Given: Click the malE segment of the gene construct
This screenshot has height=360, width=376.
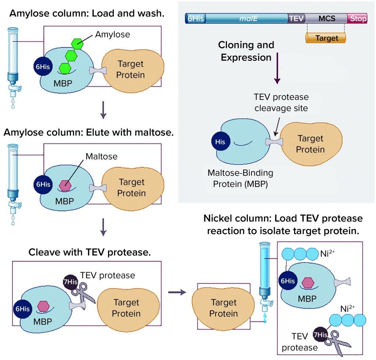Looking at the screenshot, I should [247, 18].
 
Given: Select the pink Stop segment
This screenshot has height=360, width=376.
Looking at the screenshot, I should [358, 18].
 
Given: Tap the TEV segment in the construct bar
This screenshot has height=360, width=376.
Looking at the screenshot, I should [297, 18].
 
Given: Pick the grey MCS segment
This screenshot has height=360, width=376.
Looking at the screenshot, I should [326, 18].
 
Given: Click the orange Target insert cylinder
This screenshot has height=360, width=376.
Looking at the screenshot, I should [326, 38].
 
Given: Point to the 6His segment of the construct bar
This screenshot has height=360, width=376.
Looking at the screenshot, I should [196, 18].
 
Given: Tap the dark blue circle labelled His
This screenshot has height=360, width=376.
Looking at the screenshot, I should [221, 141].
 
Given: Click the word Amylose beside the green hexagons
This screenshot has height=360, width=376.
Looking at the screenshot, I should [112, 35].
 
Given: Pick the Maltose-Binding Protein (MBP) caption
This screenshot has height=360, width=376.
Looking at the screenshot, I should [241, 178].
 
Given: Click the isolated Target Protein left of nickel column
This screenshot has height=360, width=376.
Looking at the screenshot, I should [224, 308].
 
